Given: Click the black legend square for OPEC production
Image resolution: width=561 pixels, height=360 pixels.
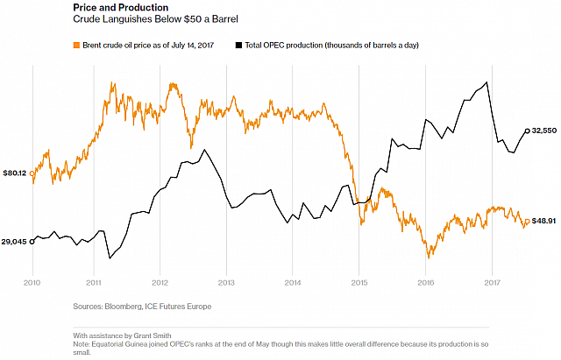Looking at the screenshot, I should pos(238,44).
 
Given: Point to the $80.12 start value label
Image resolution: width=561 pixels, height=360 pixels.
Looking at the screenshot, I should pos(14,173).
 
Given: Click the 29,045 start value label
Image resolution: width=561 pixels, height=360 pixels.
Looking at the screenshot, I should pos(14,241).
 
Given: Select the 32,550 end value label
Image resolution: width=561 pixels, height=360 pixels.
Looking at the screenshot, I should pos(545,131).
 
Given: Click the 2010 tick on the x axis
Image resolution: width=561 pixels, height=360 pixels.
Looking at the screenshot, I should pos(32,282).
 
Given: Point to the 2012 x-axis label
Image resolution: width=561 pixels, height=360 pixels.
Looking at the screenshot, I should pos(160,282).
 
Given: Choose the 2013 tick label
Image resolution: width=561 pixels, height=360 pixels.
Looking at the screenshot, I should pos(226,282).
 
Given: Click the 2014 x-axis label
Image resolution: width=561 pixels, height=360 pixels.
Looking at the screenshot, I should pos(293,282).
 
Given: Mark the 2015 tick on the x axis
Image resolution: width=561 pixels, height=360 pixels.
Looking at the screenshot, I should pos(359,282).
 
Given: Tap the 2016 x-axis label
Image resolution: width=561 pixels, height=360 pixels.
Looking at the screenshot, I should pos(425,282).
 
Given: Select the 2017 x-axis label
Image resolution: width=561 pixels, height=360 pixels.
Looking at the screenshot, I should pos(491,282).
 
